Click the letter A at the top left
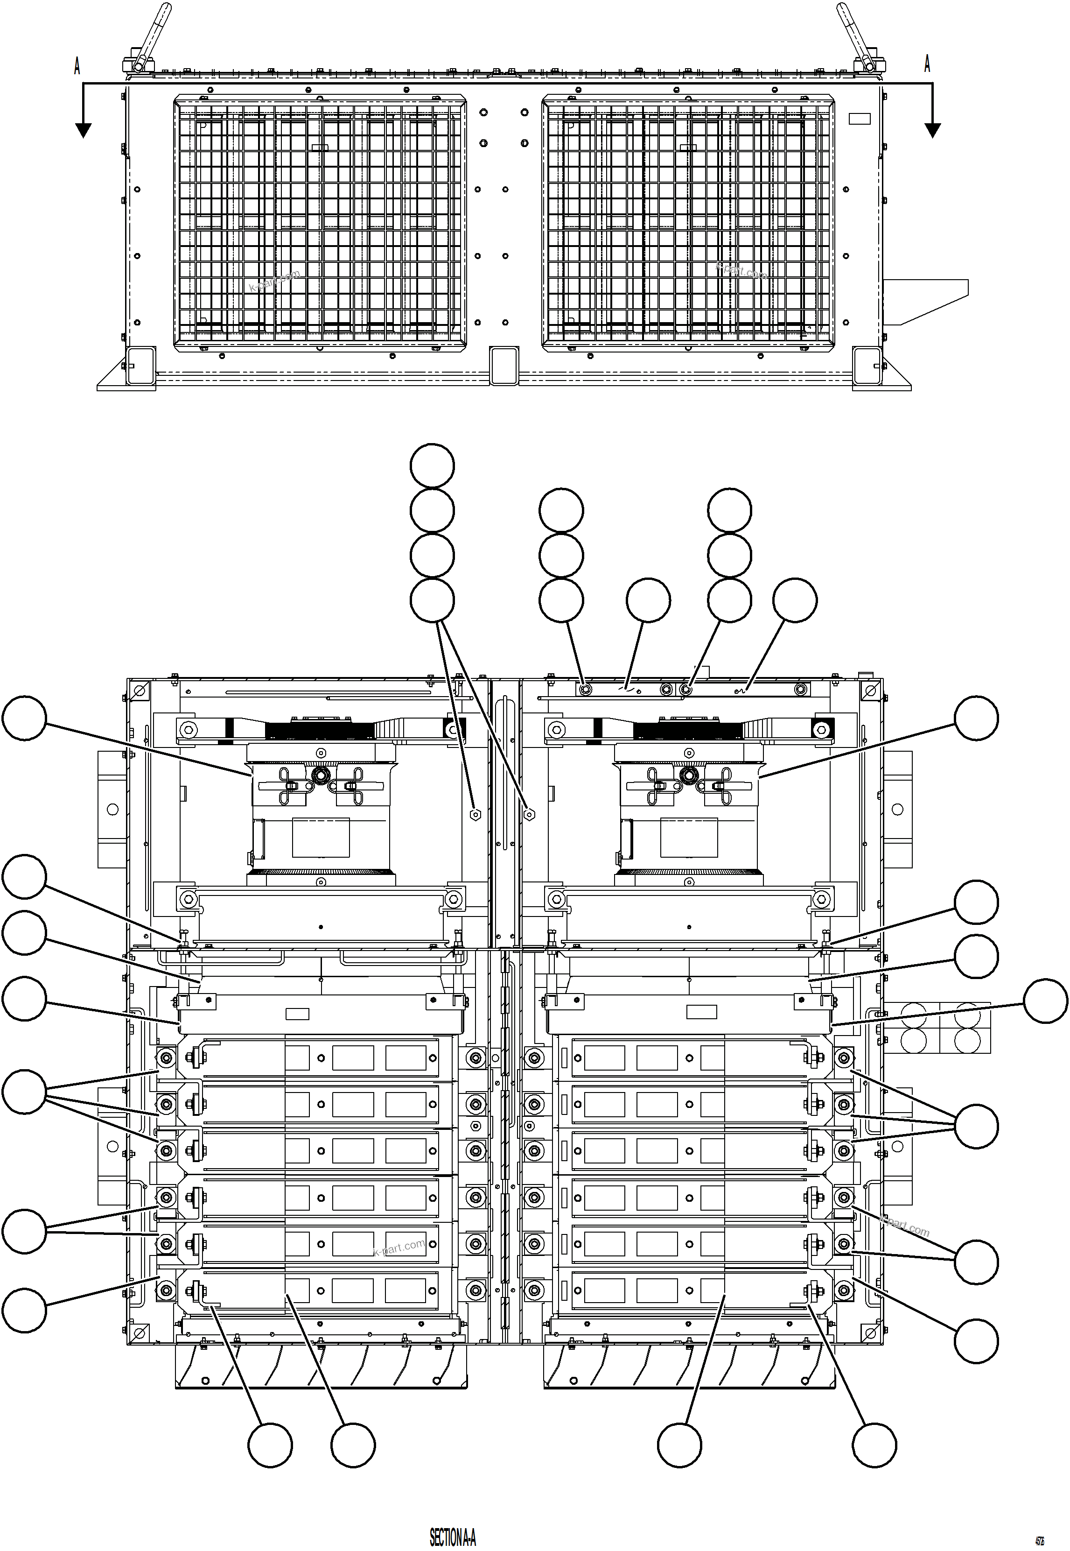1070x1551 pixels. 77,66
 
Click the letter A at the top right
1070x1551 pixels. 927,64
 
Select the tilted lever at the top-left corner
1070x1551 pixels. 152,35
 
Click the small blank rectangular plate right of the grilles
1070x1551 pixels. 860,119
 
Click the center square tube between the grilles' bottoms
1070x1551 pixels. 504,365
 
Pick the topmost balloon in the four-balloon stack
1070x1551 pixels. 433,465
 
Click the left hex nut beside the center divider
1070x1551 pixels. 475,814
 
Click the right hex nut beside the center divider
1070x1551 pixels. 529,814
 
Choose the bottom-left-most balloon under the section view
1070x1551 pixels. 270,1445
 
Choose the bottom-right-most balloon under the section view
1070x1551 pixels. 874,1445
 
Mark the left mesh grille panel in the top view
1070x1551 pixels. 321,223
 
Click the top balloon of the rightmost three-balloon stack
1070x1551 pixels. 730,510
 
